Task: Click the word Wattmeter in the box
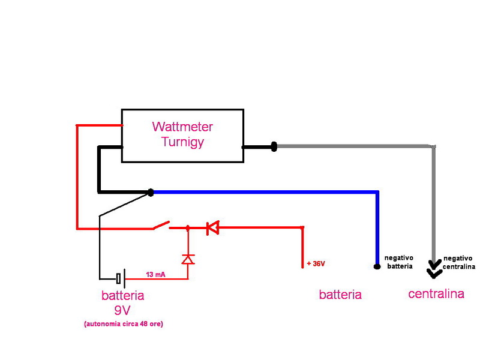coord(182,127)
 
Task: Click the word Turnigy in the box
coord(183,142)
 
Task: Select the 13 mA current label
coord(155,274)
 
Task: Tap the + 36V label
coord(316,263)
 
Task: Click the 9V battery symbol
coord(121,278)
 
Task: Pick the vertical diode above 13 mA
coord(188,259)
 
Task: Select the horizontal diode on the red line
coord(212,228)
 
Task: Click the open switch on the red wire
coord(161,226)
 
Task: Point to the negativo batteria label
coord(399,262)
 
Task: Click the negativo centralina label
coord(459,263)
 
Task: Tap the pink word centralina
coord(436,294)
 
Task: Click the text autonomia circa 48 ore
coord(124,324)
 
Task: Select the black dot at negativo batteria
coord(377,266)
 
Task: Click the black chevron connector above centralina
coord(434,269)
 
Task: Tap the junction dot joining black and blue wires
coord(151,193)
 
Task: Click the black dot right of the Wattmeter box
coord(274,146)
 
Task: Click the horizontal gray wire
coord(355,146)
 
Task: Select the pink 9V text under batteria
coord(122,310)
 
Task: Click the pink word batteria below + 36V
coord(340,295)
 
